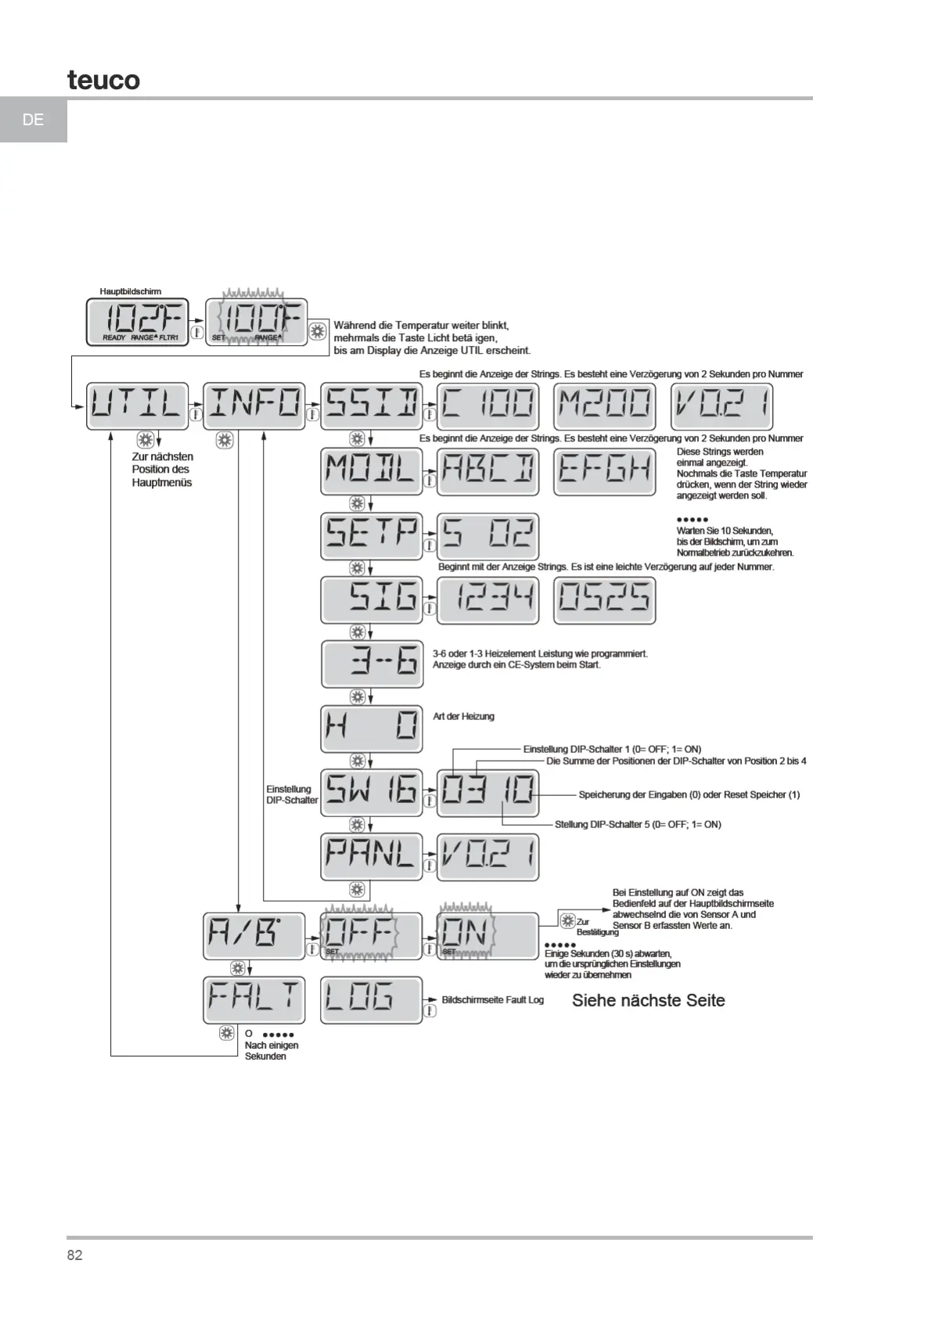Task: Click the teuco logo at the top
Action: click(103, 80)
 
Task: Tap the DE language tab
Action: click(34, 120)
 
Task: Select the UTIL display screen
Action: click(137, 405)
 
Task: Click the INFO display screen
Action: click(254, 405)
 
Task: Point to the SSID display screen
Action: click(371, 405)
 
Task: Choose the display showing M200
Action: click(605, 405)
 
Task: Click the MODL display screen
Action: click(371, 470)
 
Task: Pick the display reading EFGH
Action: click(605, 470)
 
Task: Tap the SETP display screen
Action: click(371, 536)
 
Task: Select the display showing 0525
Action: click(605, 600)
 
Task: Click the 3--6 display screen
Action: click(371, 664)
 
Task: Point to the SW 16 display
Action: click(371, 793)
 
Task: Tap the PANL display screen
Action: click(371, 856)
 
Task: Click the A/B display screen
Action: click(254, 935)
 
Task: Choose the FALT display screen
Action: click(254, 999)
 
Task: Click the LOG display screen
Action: click(371, 999)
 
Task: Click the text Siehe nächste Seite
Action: click(648, 1000)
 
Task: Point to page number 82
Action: click(75, 1255)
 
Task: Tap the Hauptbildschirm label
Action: click(130, 291)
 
